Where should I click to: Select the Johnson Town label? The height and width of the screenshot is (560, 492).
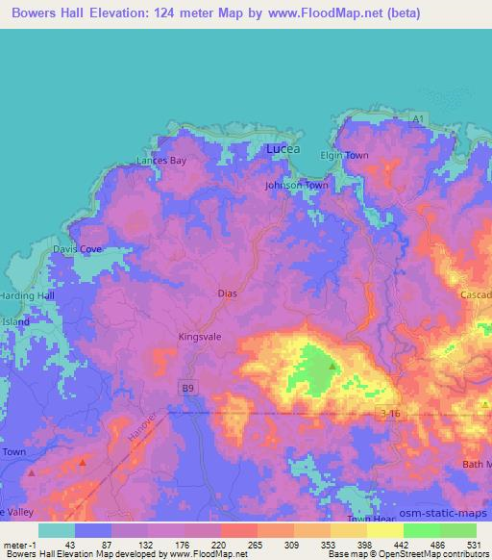click(x=297, y=185)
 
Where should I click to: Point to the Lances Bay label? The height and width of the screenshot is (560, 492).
click(x=160, y=161)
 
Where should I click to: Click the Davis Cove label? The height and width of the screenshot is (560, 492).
click(x=77, y=249)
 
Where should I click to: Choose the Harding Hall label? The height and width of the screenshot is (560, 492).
click(x=27, y=295)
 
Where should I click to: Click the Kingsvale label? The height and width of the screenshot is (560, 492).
click(x=199, y=337)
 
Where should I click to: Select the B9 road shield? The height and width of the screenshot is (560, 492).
click(x=186, y=387)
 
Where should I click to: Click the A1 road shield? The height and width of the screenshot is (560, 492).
click(x=418, y=118)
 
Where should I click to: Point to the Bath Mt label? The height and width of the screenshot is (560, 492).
click(x=475, y=465)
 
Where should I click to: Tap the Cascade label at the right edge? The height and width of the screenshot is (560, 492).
click(x=476, y=293)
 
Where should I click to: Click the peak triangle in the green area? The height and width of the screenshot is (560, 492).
click(x=332, y=367)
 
